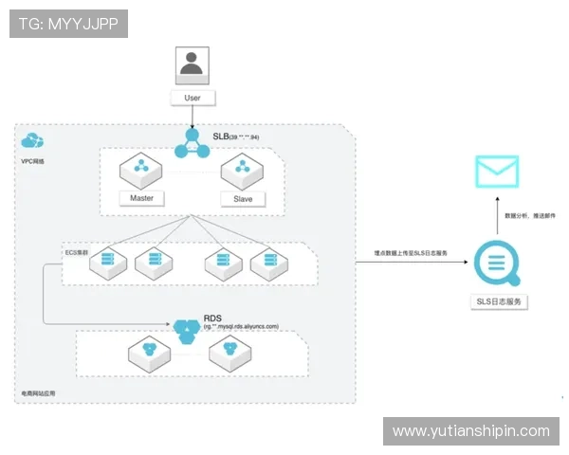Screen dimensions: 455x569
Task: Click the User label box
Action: [193, 98]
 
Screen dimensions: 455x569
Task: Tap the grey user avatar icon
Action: [193, 64]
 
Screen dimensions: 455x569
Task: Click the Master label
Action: [141, 198]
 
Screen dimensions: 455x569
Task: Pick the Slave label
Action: [243, 199]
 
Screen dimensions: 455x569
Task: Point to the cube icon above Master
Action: [141, 172]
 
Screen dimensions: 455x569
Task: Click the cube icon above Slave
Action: [243, 172]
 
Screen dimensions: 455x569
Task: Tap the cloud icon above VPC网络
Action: [32, 142]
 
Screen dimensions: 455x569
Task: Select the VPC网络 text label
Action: [32, 161]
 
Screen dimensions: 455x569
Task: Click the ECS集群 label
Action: [76, 253]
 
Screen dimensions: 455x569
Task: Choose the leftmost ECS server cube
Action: [107, 263]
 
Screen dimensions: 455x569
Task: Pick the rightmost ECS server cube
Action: [269, 263]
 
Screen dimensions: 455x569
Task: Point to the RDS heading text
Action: [214, 318]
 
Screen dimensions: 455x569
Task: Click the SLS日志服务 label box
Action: [499, 301]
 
